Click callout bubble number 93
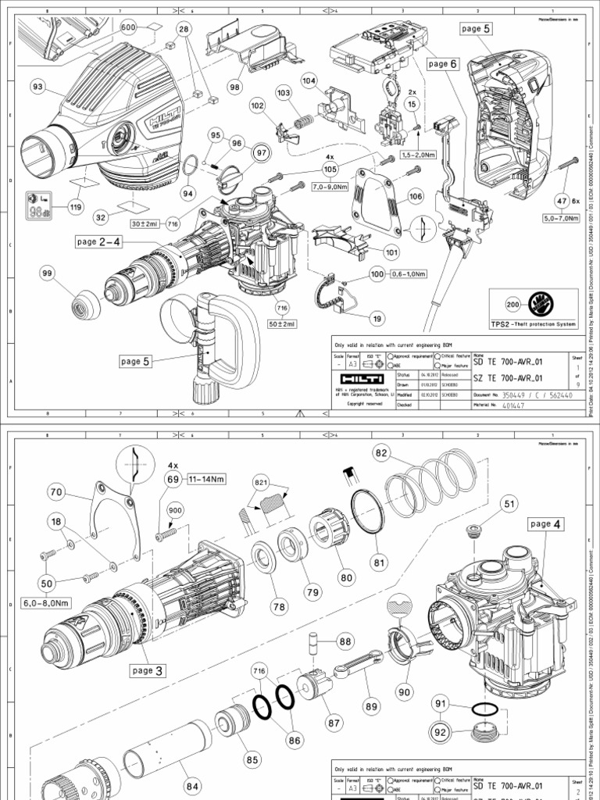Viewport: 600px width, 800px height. point(37,87)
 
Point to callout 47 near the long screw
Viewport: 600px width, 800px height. point(562,200)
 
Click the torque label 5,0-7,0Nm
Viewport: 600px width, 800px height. point(555,220)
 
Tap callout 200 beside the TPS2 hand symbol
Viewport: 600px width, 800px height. point(513,304)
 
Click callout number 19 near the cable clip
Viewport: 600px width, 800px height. point(355,318)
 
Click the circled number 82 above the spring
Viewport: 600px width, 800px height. point(381,452)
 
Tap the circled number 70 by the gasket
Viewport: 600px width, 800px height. point(55,492)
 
